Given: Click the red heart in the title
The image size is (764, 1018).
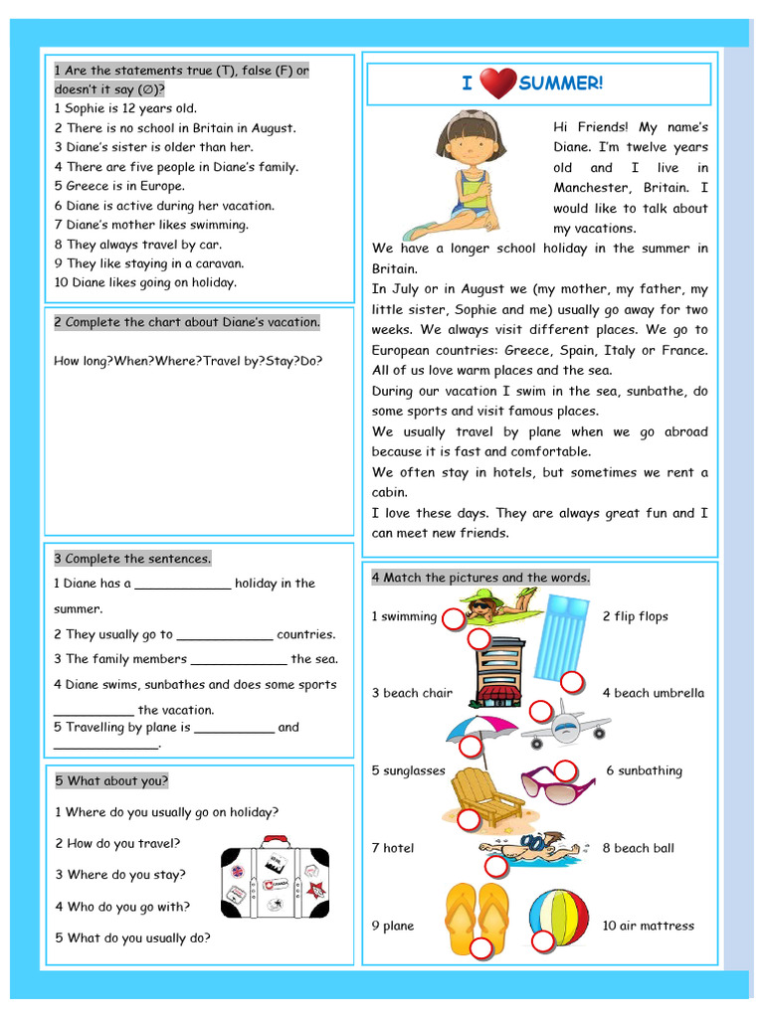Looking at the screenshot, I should (497, 84).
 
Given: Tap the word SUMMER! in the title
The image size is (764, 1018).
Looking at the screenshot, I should (560, 84).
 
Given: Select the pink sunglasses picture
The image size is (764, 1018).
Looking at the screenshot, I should (556, 782).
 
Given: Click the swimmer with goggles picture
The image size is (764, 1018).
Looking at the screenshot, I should (524, 847).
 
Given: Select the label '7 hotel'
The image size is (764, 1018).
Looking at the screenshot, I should (393, 848).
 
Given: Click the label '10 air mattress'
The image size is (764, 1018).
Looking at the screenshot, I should (648, 926).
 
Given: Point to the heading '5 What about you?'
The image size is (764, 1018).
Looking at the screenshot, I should (111, 780).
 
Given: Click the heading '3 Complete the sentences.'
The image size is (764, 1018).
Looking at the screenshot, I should (132, 559).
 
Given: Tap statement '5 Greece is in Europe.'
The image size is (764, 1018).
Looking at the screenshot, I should (119, 186).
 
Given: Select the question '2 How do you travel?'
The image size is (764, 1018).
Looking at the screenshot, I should (117, 843).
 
